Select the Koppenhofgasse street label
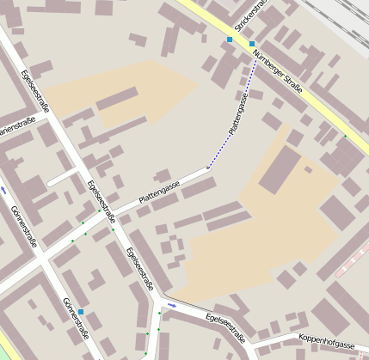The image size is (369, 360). coord(326,339)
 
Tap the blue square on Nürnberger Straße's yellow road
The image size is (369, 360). coord(252,43)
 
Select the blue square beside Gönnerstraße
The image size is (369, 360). coord(81,312)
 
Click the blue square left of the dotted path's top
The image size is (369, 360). coord(229,40)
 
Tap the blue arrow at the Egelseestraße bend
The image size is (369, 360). coord(172,305)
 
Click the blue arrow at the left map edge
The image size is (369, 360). coord(3,190)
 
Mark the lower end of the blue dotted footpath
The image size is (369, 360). coord(208,168)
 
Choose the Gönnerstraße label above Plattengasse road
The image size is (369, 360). coord(24,226)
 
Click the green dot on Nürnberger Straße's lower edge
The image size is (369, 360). coord(345,136)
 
